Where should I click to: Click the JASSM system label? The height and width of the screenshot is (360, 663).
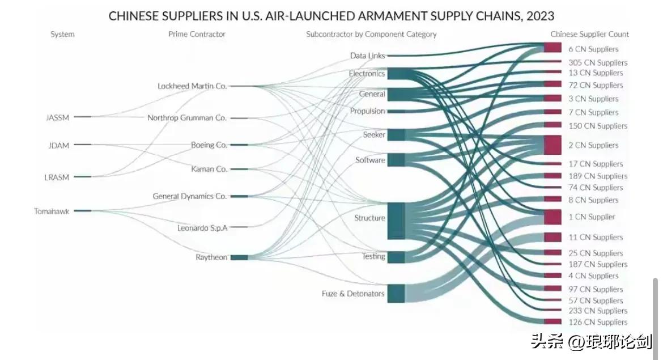[x=57, y=118]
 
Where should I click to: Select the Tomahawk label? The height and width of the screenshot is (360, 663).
[x=52, y=211]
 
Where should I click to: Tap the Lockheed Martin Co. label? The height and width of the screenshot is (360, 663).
[x=192, y=86]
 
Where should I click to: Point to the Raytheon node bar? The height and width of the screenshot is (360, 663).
[x=239, y=257]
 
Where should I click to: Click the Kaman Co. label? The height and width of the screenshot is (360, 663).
[x=210, y=169]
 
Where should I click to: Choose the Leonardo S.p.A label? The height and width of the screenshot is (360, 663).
[x=202, y=228]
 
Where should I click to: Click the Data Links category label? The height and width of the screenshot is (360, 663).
[x=367, y=56]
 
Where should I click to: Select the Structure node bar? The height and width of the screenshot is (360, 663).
[x=396, y=221]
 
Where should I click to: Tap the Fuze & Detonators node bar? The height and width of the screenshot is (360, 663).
[x=396, y=293]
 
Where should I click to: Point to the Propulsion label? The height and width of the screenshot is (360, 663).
[x=367, y=111]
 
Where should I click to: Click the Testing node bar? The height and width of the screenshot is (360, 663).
[x=396, y=257]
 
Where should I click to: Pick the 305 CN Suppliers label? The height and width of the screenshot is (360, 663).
[x=598, y=62]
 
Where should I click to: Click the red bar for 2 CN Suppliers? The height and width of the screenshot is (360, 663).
[x=552, y=145]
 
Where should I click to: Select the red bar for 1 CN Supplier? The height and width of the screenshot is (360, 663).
[x=552, y=217]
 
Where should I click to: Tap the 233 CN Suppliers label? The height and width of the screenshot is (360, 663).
[x=598, y=311]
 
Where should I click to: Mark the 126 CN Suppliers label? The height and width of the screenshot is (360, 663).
[x=598, y=322]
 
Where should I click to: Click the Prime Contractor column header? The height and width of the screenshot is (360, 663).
[x=197, y=34]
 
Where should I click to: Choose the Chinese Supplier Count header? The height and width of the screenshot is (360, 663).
[x=589, y=34]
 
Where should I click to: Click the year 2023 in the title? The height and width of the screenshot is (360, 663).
[x=540, y=15]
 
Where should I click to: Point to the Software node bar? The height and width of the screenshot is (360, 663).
[x=396, y=160]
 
